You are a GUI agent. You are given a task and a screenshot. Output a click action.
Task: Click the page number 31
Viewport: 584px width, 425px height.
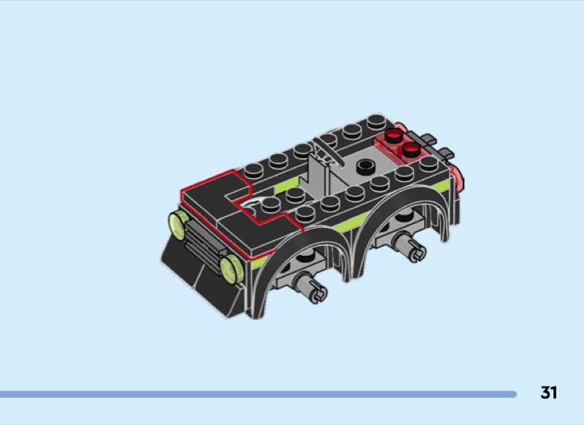[x=549, y=393]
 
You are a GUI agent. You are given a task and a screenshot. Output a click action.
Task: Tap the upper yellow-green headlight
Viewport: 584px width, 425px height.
[x=178, y=225]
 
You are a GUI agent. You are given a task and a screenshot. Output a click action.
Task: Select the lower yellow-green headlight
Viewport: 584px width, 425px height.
[x=231, y=269]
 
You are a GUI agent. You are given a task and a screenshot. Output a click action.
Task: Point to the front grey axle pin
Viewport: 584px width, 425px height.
[x=311, y=287]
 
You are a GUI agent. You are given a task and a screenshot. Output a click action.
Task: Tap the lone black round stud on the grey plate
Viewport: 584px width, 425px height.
[x=366, y=167]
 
